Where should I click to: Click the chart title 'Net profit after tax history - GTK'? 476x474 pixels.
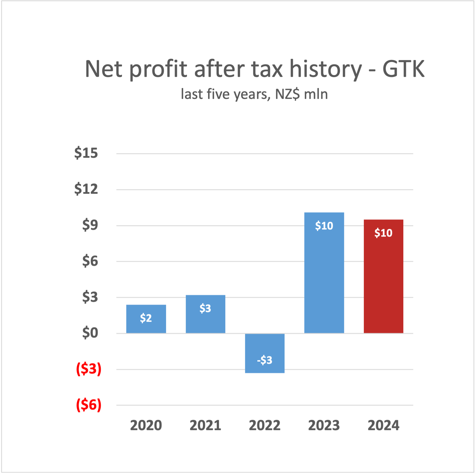254,69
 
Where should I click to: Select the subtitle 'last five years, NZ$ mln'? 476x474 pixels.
254,94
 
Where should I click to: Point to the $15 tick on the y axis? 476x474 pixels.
86,153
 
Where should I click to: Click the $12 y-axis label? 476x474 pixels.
86,189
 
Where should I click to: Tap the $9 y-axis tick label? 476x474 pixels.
90,225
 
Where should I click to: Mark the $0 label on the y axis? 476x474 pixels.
90,333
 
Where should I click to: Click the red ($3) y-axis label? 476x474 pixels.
89,369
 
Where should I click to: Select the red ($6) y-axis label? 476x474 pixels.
89,405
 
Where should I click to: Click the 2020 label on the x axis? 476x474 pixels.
146,425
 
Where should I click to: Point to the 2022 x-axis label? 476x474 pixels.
265,425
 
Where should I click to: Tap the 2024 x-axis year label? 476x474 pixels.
383,425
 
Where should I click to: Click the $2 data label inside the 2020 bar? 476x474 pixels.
146,318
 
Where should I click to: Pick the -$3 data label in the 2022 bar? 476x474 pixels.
265,360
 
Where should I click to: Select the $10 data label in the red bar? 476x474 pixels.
383,233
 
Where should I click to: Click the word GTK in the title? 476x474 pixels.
403,69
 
